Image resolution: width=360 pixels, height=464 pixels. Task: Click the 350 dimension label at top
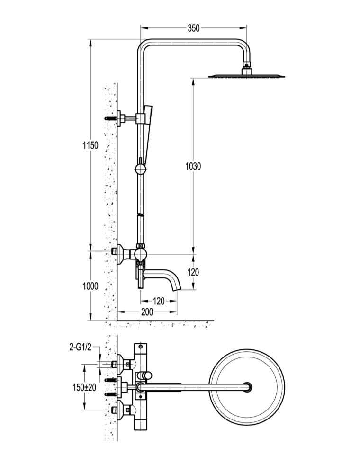(194, 28)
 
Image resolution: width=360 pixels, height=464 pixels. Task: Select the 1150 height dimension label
(90, 145)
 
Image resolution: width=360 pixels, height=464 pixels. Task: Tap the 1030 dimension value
(193, 166)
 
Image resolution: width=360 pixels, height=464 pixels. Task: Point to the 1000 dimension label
(90, 286)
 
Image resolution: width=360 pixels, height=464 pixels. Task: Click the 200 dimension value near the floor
(147, 312)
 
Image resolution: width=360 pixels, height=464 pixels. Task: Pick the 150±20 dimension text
(84, 387)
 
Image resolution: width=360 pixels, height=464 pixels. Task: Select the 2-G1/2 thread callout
(80, 348)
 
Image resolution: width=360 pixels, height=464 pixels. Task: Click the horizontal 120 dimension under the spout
(159, 301)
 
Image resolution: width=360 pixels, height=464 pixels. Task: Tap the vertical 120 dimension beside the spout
(193, 272)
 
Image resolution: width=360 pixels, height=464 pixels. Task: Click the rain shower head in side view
(247, 76)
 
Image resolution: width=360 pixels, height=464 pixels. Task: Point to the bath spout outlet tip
(177, 289)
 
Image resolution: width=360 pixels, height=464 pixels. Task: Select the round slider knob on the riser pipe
(140, 170)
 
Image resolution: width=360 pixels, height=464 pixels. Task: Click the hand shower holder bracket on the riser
(141, 118)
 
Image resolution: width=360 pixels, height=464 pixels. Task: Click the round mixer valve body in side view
(140, 254)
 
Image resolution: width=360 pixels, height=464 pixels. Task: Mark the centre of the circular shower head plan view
(247, 387)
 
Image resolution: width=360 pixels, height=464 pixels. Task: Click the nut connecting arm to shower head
(247, 64)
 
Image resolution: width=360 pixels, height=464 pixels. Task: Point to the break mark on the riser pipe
(140, 214)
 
